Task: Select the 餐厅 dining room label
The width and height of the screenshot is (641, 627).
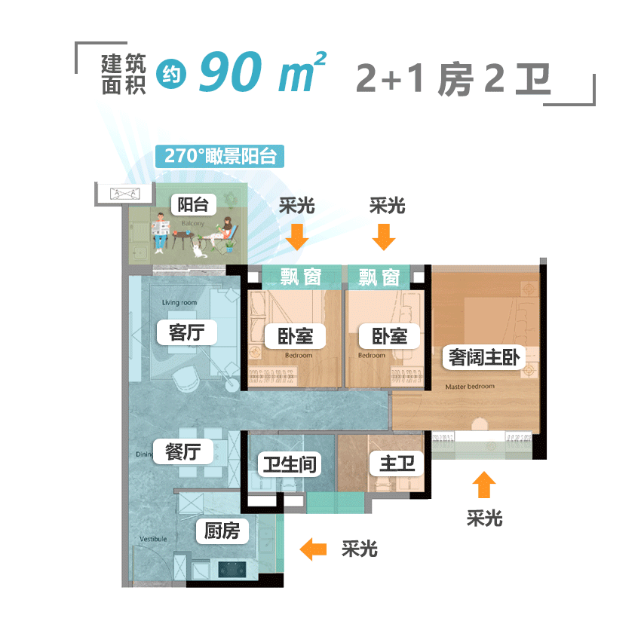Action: coord(182,451)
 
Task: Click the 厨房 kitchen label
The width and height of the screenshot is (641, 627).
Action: coord(222,531)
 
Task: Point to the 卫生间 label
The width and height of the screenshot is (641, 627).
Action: coord(287,463)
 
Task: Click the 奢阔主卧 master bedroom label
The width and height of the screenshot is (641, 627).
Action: coord(483,357)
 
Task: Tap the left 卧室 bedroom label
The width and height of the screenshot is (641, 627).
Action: coord(294,335)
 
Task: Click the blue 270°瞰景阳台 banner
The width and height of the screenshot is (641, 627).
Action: coord(219,156)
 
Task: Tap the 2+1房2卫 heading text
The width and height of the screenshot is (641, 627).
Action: coord(453,79)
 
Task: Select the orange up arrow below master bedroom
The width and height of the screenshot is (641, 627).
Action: coord(483,485)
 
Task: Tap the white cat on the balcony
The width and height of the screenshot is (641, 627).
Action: coord(199,249)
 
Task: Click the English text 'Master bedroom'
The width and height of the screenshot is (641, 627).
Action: coord(470,387)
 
